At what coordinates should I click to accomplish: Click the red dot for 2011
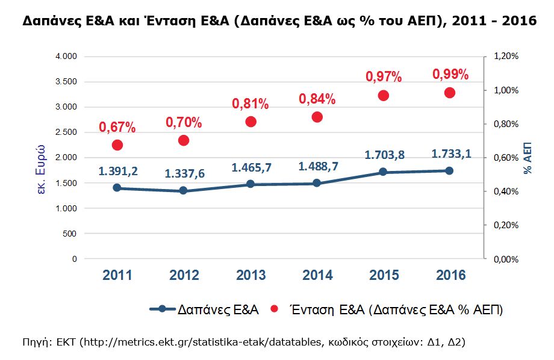tap(117, 145)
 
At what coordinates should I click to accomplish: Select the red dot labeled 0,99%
tap(449, 93)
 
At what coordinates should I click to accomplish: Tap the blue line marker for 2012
tap(184, 191)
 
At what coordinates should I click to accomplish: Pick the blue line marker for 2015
tap(383, 172)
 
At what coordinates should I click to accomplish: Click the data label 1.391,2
tap(118, 171)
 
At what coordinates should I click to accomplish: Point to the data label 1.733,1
tap(450, 154)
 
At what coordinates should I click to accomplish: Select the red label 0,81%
tap(251, 104)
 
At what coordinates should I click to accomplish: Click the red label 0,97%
tap(384, 77)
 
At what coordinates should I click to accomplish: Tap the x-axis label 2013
tap(251, 275)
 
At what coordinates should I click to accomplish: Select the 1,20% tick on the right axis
tap(506, 56)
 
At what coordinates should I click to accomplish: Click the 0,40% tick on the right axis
tap(506, 191)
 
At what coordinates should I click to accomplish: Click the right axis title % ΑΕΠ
tap(528, 158)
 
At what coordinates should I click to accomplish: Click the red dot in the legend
tap(275, 309)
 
